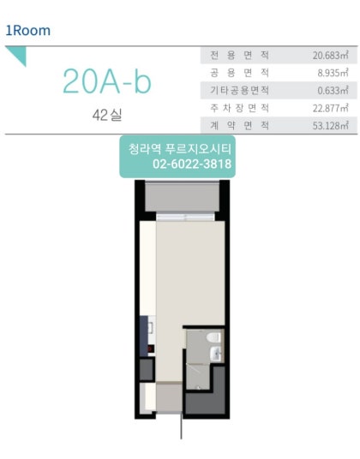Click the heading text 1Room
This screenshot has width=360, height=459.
28,31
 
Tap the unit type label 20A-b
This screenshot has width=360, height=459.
107,81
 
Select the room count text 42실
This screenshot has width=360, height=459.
107,115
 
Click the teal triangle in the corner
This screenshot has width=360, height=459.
19,54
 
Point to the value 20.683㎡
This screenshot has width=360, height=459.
330,56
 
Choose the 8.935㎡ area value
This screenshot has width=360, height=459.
333,73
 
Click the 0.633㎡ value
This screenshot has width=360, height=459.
333,91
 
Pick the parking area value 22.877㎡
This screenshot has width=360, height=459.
330,108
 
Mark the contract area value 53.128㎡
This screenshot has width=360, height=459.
330,126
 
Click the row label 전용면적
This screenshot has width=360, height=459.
240,55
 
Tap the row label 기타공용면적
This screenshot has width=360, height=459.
240,90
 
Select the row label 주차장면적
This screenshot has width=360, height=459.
240,108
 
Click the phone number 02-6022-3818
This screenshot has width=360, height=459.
192,164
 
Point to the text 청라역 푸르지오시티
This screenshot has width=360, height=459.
180,149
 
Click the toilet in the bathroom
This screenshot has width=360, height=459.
213,337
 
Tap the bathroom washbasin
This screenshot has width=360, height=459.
216,354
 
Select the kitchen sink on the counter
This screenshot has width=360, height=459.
151,327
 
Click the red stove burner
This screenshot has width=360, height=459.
150,349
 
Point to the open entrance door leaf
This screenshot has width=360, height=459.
182,426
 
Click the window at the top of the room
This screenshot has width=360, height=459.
185,218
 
